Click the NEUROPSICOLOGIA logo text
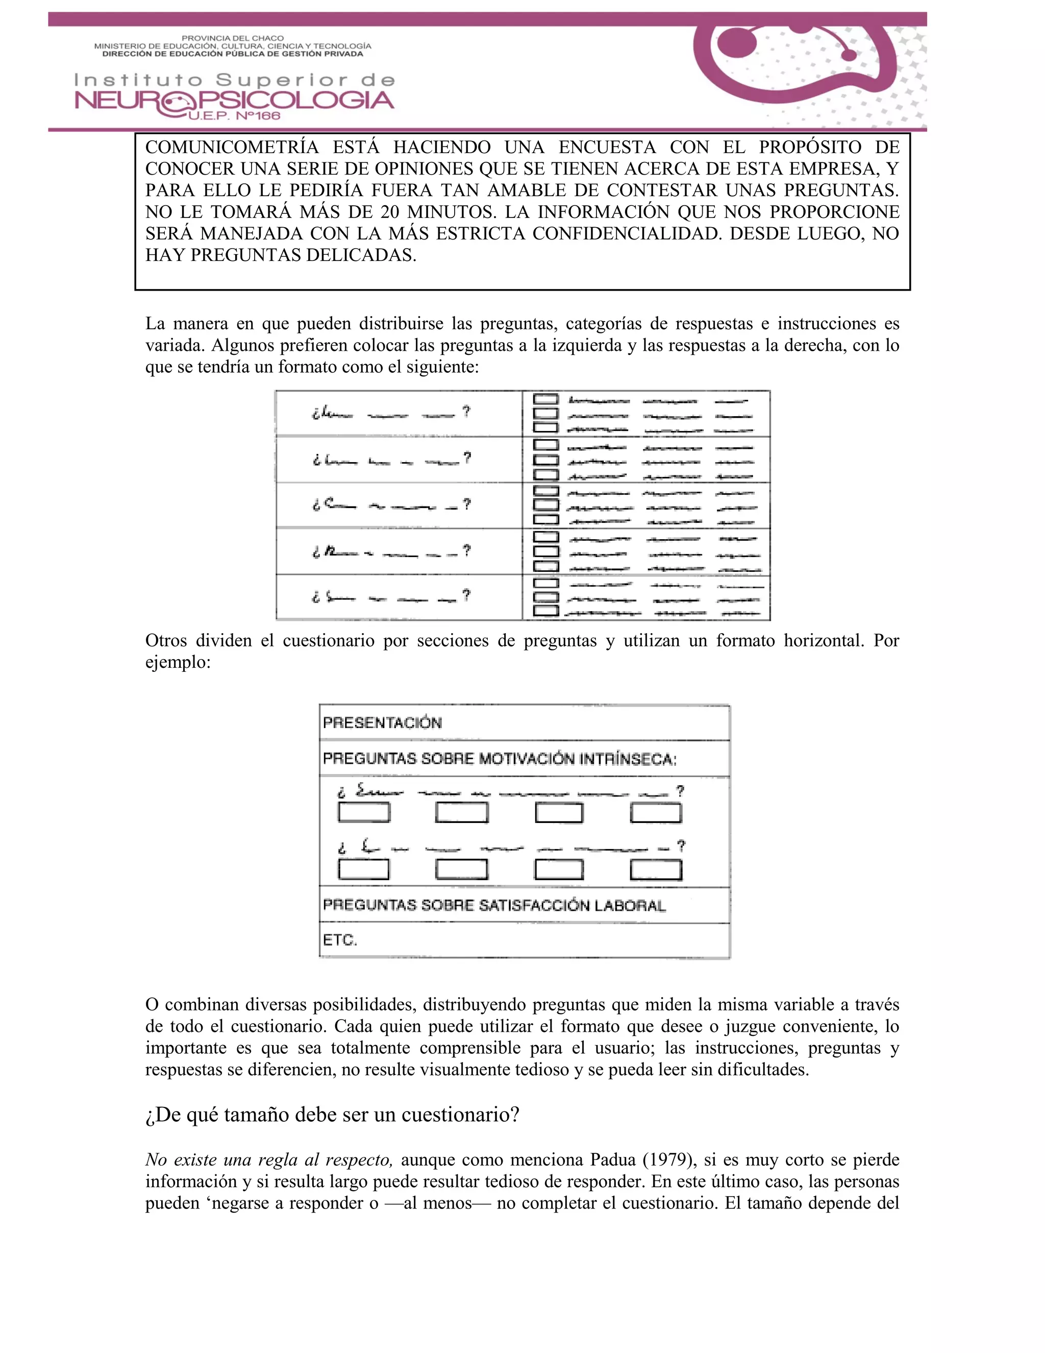click(234, 101)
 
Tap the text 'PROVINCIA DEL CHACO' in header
click(233, 38)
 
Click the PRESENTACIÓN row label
click(382, 723)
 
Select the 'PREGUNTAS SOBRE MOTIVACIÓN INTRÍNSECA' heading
click(499, 759)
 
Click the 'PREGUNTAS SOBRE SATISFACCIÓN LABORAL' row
click(494, 905)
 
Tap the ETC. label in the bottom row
click(340, 940)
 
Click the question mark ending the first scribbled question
click(467, 412)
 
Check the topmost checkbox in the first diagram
click(545, 400)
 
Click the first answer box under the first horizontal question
click(364, 812)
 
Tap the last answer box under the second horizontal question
click(656, 870)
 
